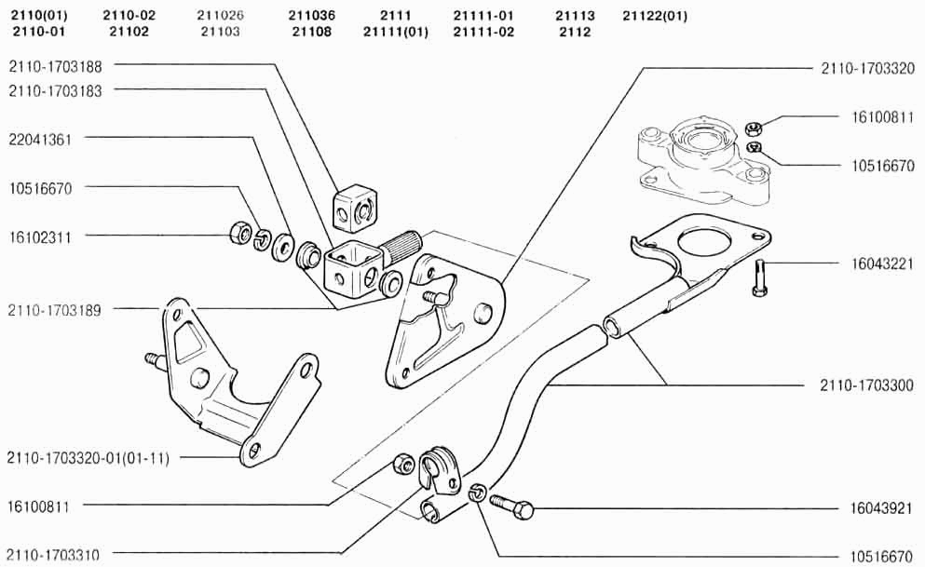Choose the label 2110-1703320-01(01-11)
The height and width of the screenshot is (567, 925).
(88, 457)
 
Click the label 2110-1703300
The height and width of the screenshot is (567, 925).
(867, 385)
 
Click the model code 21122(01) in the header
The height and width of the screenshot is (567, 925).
(655, 16)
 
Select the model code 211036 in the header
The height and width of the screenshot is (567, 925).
(312, 16)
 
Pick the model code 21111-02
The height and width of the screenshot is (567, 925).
(483, 32)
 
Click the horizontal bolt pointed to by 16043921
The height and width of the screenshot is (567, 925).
(513, 506)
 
